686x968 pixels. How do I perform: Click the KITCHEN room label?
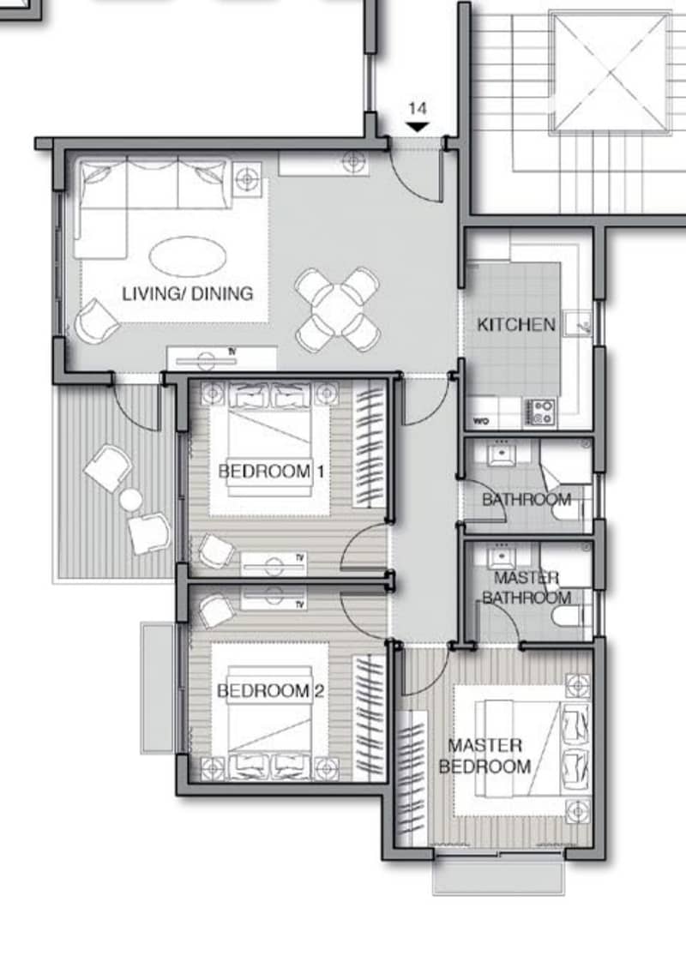(x=516, y=325)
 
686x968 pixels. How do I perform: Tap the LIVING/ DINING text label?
(x=188, y=293)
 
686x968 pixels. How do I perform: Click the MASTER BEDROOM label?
(x=485, y=755)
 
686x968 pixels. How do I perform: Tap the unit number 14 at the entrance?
(x=418, y=109)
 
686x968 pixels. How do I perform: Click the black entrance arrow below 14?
(x=418, y=127)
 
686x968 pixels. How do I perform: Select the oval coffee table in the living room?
(x=188, y=256)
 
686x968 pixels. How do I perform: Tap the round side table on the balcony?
(x=130, y=499)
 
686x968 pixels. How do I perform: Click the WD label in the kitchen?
(x=482, y=422)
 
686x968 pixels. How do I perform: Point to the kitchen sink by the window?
(x=578, y=323)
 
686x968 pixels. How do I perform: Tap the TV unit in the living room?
(x=222, y=358)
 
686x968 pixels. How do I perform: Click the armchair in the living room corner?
(x=97, y=322)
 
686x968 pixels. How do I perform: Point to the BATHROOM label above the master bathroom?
(x=527, y=499)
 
